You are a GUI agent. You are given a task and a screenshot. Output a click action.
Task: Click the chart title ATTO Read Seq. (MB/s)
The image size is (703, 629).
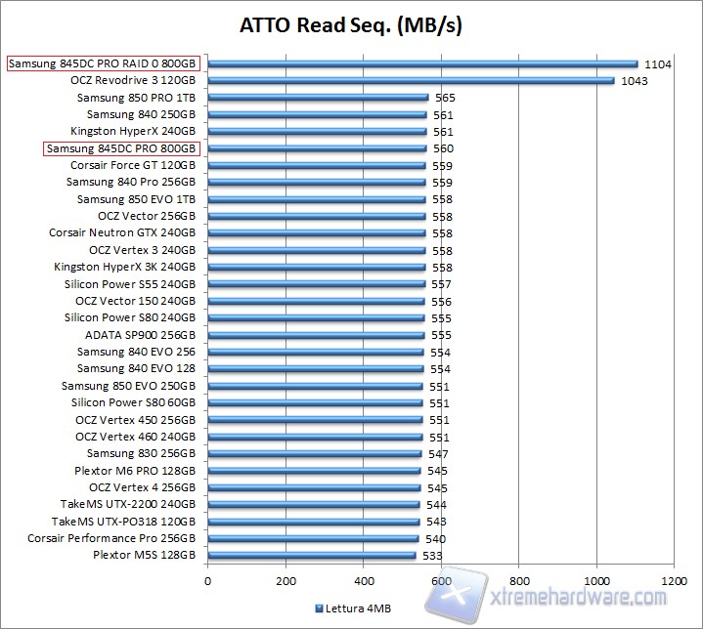click(351, 26)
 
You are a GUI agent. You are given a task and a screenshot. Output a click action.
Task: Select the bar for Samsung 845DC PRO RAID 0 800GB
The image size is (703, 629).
click(421, 64)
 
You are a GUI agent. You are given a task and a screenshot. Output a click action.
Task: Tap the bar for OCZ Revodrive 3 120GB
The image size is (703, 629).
click(411, 81)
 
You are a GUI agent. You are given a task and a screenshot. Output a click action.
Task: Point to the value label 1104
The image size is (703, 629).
click(657, 64)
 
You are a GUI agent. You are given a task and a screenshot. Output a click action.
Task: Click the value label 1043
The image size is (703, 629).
click(634, 81)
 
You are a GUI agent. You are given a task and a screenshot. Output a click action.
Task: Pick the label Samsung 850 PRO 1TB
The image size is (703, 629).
click(136, 98)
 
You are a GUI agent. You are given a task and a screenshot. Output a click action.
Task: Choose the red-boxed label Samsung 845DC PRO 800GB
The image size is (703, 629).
click(122, 148)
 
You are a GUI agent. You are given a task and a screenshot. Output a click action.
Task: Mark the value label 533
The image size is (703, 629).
click(432, 556)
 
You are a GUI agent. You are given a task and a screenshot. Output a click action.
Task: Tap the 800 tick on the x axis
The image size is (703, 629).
click(518, 580)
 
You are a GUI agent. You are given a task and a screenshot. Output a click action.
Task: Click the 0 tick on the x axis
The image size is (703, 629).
click(207, 580)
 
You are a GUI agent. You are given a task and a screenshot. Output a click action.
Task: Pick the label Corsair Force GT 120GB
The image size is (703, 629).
click(132, 165)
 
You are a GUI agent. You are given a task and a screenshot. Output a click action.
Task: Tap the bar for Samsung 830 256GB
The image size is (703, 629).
click(314, 453)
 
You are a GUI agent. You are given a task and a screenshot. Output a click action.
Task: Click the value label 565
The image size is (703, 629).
click(445, 98)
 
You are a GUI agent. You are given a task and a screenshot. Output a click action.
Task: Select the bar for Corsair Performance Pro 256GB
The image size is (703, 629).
click(313, 538)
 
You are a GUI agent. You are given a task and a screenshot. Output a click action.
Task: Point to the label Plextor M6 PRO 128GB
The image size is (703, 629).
click(135, 471)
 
